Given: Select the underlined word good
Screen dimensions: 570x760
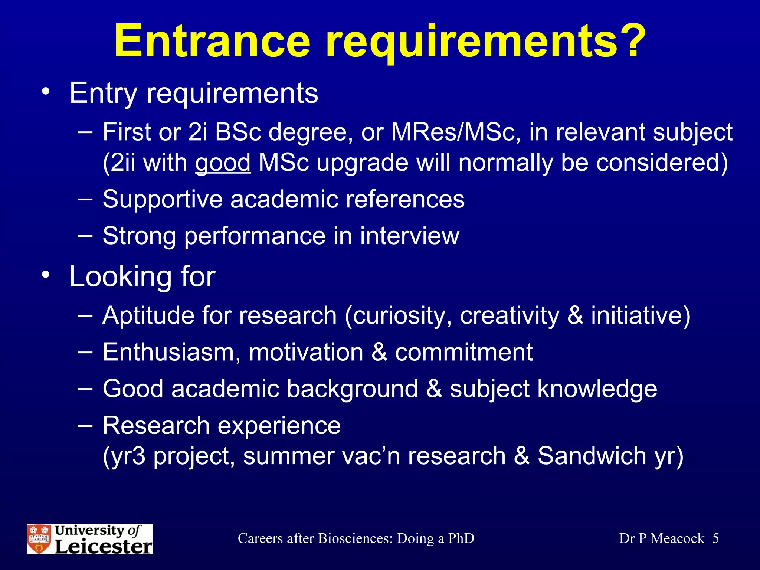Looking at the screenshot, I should pos(223,163).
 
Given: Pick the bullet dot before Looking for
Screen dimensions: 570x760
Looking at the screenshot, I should pos(46,275).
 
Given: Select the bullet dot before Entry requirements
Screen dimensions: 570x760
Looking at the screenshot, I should pos(46,91).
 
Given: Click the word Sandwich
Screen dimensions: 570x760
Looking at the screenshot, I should pos(592,456).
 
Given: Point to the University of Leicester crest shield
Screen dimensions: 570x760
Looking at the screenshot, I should pos(39,539).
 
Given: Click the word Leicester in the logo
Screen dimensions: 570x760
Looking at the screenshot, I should pos(104,547).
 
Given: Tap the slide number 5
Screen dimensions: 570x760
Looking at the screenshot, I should pos(715,538).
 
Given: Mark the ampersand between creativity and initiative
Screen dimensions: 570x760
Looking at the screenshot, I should pos(575,316).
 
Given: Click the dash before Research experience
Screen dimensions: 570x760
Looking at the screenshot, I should pos(85,426).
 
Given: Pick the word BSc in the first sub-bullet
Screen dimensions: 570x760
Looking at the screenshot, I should pos(238,132).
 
